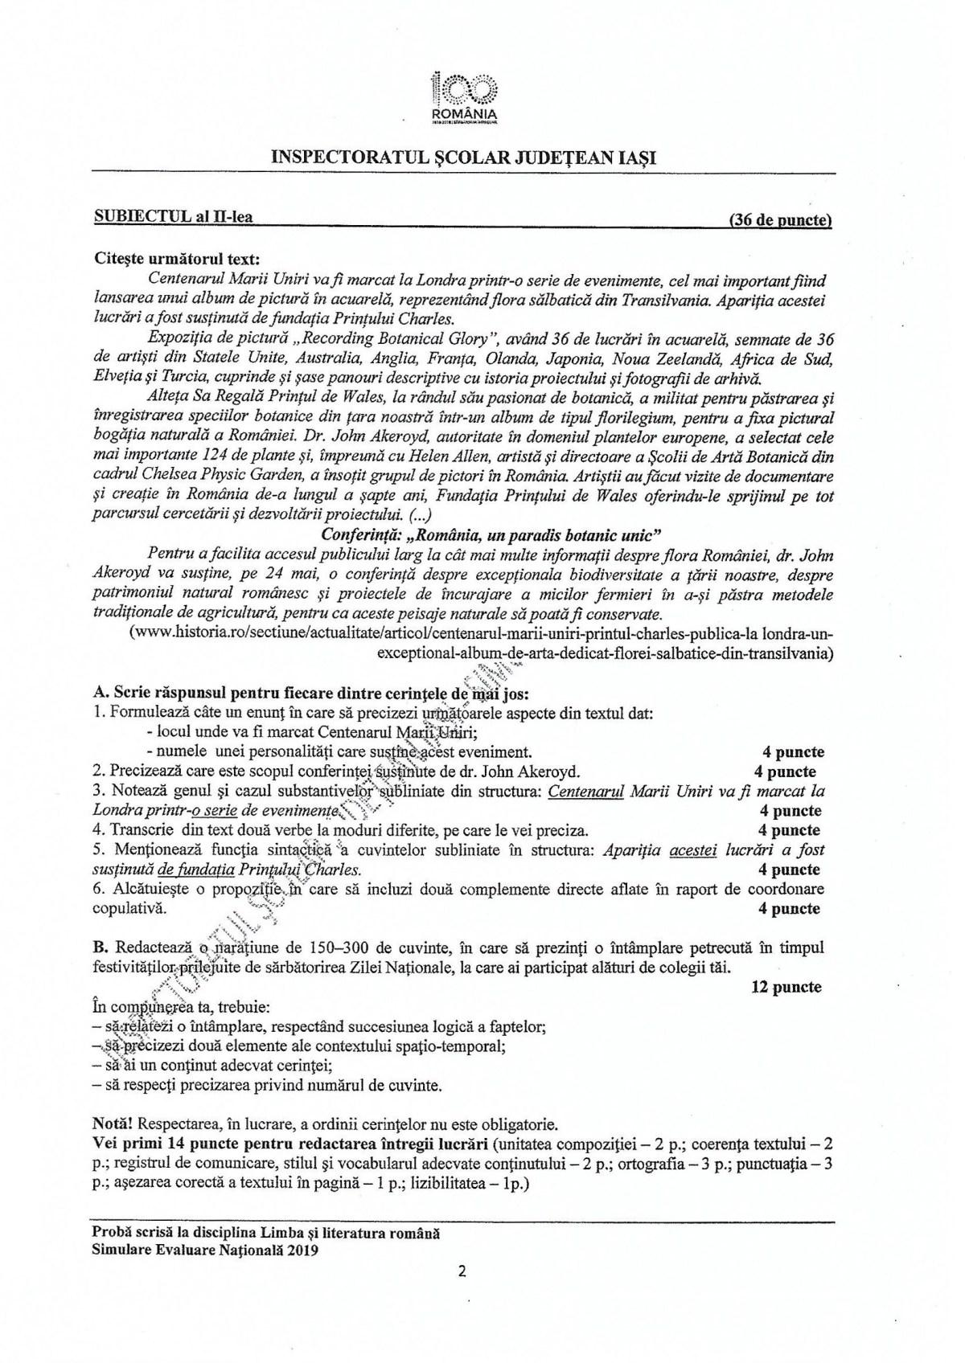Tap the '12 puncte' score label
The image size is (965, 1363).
pyautogui.click(x=786, y=987)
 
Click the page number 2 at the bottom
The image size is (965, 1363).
pyautogui.click(x=462, y=1271)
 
